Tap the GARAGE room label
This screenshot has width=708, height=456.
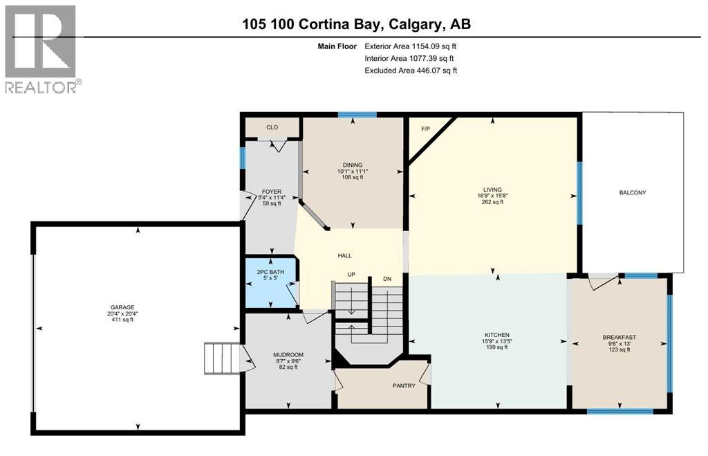122,307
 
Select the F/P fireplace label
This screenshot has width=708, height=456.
425,129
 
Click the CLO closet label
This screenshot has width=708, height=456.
272,127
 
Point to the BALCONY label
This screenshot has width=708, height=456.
633,192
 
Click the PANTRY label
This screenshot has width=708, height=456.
404,386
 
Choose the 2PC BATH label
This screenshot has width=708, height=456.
270,272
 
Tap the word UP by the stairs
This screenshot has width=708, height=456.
351,275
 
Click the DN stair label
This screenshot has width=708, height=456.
387,279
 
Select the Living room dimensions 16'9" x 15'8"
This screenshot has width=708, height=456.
492,196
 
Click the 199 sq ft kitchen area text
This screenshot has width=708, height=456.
497,347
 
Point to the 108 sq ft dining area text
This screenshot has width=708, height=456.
353,177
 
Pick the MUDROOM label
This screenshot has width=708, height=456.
288,355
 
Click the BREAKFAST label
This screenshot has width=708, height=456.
619,338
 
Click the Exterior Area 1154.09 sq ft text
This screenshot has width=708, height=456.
411,46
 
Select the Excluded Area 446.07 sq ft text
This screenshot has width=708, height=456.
411,71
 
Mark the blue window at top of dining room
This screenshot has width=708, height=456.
357,115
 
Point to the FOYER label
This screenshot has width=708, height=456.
271,192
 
